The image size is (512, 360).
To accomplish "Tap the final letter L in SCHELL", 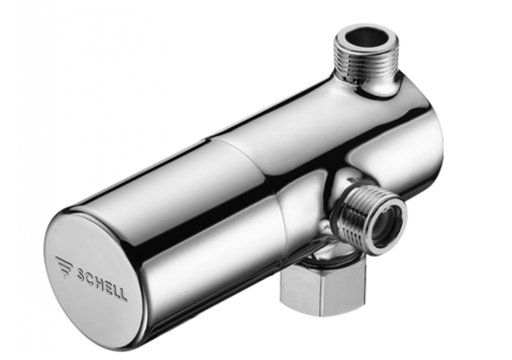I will [x=122, y=293].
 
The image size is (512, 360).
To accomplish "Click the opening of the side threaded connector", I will [x=381, y=219].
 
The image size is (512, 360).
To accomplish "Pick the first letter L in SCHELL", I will [x=115, y=289].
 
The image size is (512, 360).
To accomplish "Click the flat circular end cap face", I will [x=93, y=271].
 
